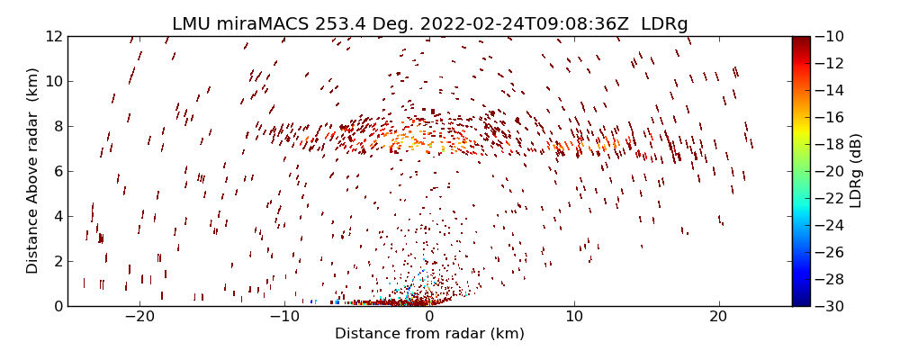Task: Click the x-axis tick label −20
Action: [x=139, y=318]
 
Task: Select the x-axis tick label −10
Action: [x=284, y=318]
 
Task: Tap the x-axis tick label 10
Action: [x=574, y=318]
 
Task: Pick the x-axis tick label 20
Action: [x=718, y=318]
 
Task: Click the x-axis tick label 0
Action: [x=429, y=318]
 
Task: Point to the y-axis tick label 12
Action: [x=53, y=37]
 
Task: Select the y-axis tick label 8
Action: [x=57, y=127]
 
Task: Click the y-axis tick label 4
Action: [x=57, y=217]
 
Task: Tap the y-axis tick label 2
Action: [x=57, y=262]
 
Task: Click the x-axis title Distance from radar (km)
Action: [x=429, y=334]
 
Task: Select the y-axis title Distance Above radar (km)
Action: [x=33, y=170]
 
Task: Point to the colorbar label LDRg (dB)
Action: [x=855, y=171]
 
